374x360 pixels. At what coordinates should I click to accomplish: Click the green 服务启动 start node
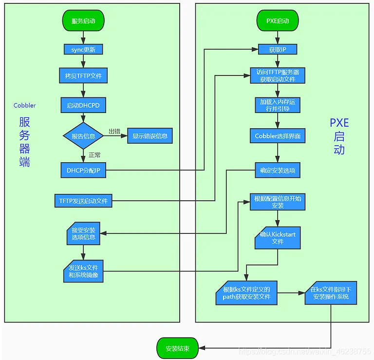point(83,20)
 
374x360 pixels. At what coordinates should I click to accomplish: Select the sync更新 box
point(83,49)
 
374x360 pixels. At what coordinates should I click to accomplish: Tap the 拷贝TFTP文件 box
point(83,76)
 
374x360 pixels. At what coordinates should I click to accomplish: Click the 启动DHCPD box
point(83,105)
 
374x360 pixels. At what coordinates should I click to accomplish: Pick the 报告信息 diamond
point(83,136)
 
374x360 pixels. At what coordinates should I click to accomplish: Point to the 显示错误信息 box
point(150,136)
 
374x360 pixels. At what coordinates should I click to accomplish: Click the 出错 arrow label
point(114,131)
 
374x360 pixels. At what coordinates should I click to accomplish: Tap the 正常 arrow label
point(94,155)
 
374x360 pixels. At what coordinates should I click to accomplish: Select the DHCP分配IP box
point(83,170)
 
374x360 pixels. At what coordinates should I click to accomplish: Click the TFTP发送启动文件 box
point(83,201)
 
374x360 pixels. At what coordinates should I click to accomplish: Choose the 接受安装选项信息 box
point(83,233)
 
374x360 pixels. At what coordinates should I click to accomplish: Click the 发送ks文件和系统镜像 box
point(83,271)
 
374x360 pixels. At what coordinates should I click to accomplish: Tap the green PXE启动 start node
point(278,20)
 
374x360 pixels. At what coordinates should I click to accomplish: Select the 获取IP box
point(278,49)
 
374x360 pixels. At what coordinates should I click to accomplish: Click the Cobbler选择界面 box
point(278,136)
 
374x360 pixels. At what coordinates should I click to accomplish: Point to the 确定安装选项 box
point(278,170)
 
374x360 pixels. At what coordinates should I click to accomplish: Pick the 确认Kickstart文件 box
point(278,238)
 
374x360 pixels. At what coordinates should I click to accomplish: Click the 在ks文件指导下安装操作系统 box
point(331,293)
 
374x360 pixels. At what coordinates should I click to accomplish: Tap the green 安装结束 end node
point(177,348)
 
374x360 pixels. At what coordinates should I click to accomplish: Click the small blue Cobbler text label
point(24,105)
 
